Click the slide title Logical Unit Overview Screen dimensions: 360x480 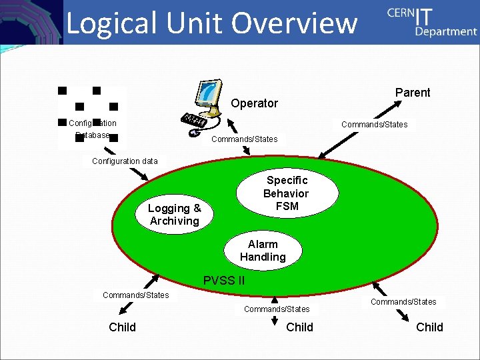tap(212, 23)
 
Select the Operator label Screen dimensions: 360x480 tap(254, 103)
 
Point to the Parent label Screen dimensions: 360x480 tap(413, 93)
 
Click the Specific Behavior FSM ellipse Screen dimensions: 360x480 tap(287, 193)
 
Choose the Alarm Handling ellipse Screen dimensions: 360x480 tap(263, 251)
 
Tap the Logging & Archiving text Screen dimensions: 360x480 tap(174, 215)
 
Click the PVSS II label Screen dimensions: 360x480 tap(223, 281)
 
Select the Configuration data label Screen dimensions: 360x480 tap(125, 161)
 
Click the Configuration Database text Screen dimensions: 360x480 tap(92, 129)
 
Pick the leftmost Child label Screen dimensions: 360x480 tap(122, 327)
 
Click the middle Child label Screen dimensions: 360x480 tap(299, 327)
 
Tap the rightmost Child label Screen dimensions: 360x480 tap(429, 327)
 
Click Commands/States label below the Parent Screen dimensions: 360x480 tap(374, 125)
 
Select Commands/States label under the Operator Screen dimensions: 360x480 tap(244, 139)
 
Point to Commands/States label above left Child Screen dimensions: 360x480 tap(135, 295)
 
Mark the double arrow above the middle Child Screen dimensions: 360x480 tap(274, 321)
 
